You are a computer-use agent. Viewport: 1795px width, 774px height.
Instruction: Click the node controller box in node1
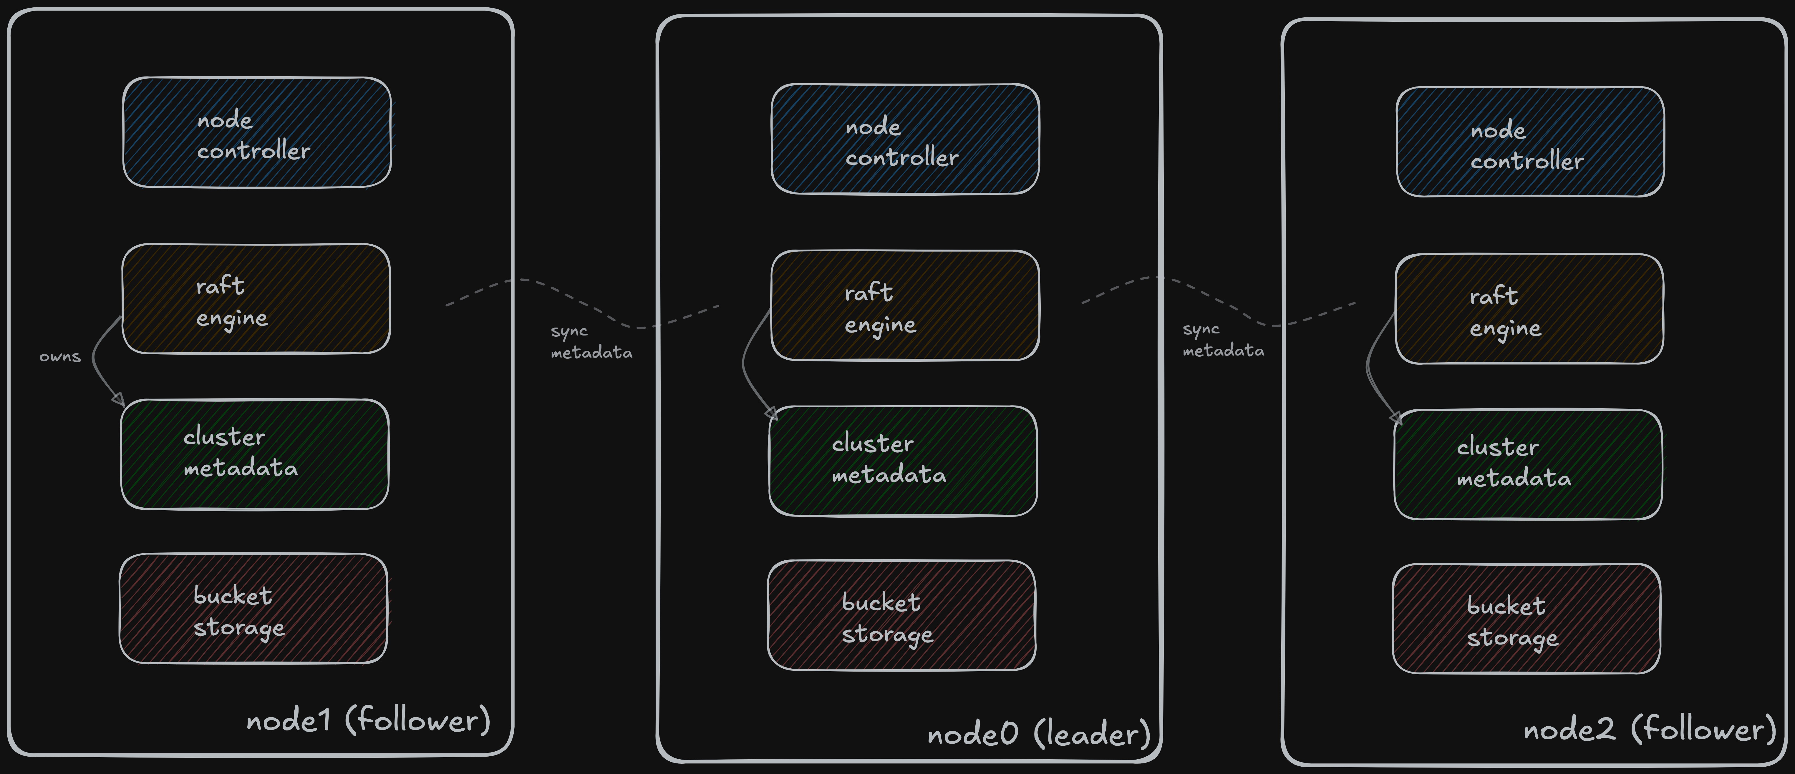pos(256,132)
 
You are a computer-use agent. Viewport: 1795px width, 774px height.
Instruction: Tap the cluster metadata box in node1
pos(254,454)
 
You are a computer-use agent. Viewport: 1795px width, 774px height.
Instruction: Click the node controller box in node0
pos(905,139)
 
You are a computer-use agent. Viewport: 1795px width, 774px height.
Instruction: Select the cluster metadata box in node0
pos(903,461)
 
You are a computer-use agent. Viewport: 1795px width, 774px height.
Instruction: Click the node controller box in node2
pos(1530,142)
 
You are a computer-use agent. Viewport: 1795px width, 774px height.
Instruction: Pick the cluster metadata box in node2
pos(1528,465)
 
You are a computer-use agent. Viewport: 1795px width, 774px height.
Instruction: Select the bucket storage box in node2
pos(1527,619)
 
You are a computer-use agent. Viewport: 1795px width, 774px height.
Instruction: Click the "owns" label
pos(60,357)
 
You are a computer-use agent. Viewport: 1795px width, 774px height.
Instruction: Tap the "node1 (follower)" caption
pos(368,720)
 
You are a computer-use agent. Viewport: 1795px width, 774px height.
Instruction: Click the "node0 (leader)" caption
pos(1038,734)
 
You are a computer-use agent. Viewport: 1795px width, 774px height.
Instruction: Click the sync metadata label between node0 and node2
pos(1223,340)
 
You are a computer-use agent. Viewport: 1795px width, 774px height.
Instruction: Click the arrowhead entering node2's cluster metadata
pos(1396,418)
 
